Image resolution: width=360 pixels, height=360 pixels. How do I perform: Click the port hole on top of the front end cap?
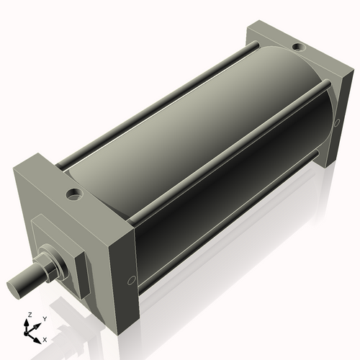tap(73, 194)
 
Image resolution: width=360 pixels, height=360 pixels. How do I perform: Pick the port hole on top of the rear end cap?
tap(297, 48)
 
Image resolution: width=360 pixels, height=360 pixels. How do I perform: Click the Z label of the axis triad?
tap(28, 315)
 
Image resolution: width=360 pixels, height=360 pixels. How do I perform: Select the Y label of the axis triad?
tap(44, 318)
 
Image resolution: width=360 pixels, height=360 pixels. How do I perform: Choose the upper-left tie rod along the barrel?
tap(151, 104)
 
